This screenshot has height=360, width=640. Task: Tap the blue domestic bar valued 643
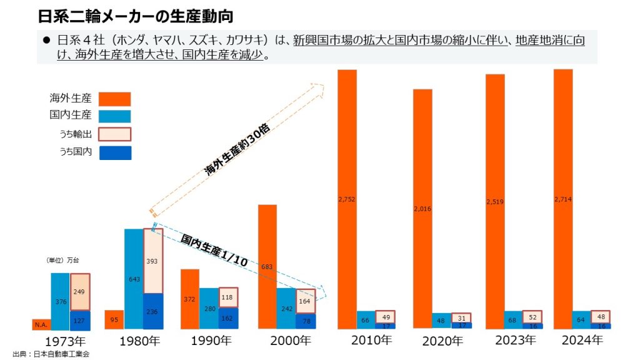134,279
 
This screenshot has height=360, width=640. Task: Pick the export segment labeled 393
153,261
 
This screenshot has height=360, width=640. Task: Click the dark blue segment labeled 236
153,311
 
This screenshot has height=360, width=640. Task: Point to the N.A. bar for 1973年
41,324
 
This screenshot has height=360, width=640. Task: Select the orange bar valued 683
267,266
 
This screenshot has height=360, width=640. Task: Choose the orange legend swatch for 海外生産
114,99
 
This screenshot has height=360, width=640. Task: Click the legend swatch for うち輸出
114,134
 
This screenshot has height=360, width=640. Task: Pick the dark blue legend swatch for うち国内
114,152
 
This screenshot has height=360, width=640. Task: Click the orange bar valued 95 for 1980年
114,319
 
